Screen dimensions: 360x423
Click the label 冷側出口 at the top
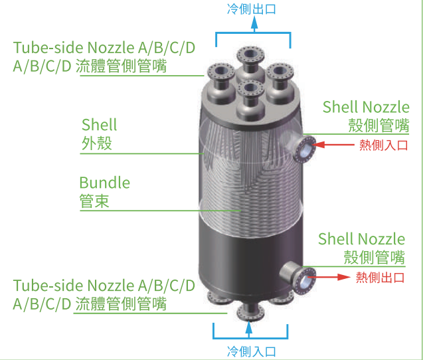pos(253,9)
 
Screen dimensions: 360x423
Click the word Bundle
pos(104,183)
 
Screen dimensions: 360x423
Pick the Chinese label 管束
pos(94,201)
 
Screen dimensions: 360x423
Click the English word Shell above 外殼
pos(99,125)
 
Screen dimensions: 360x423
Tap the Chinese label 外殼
pos(96,143)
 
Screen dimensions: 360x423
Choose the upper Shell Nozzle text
pos(366,107)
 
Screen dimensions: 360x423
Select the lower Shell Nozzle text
pos(361,239)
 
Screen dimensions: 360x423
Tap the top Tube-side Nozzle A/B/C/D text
pos(104,48)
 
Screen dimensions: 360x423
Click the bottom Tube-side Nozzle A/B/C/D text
pos(104,286)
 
